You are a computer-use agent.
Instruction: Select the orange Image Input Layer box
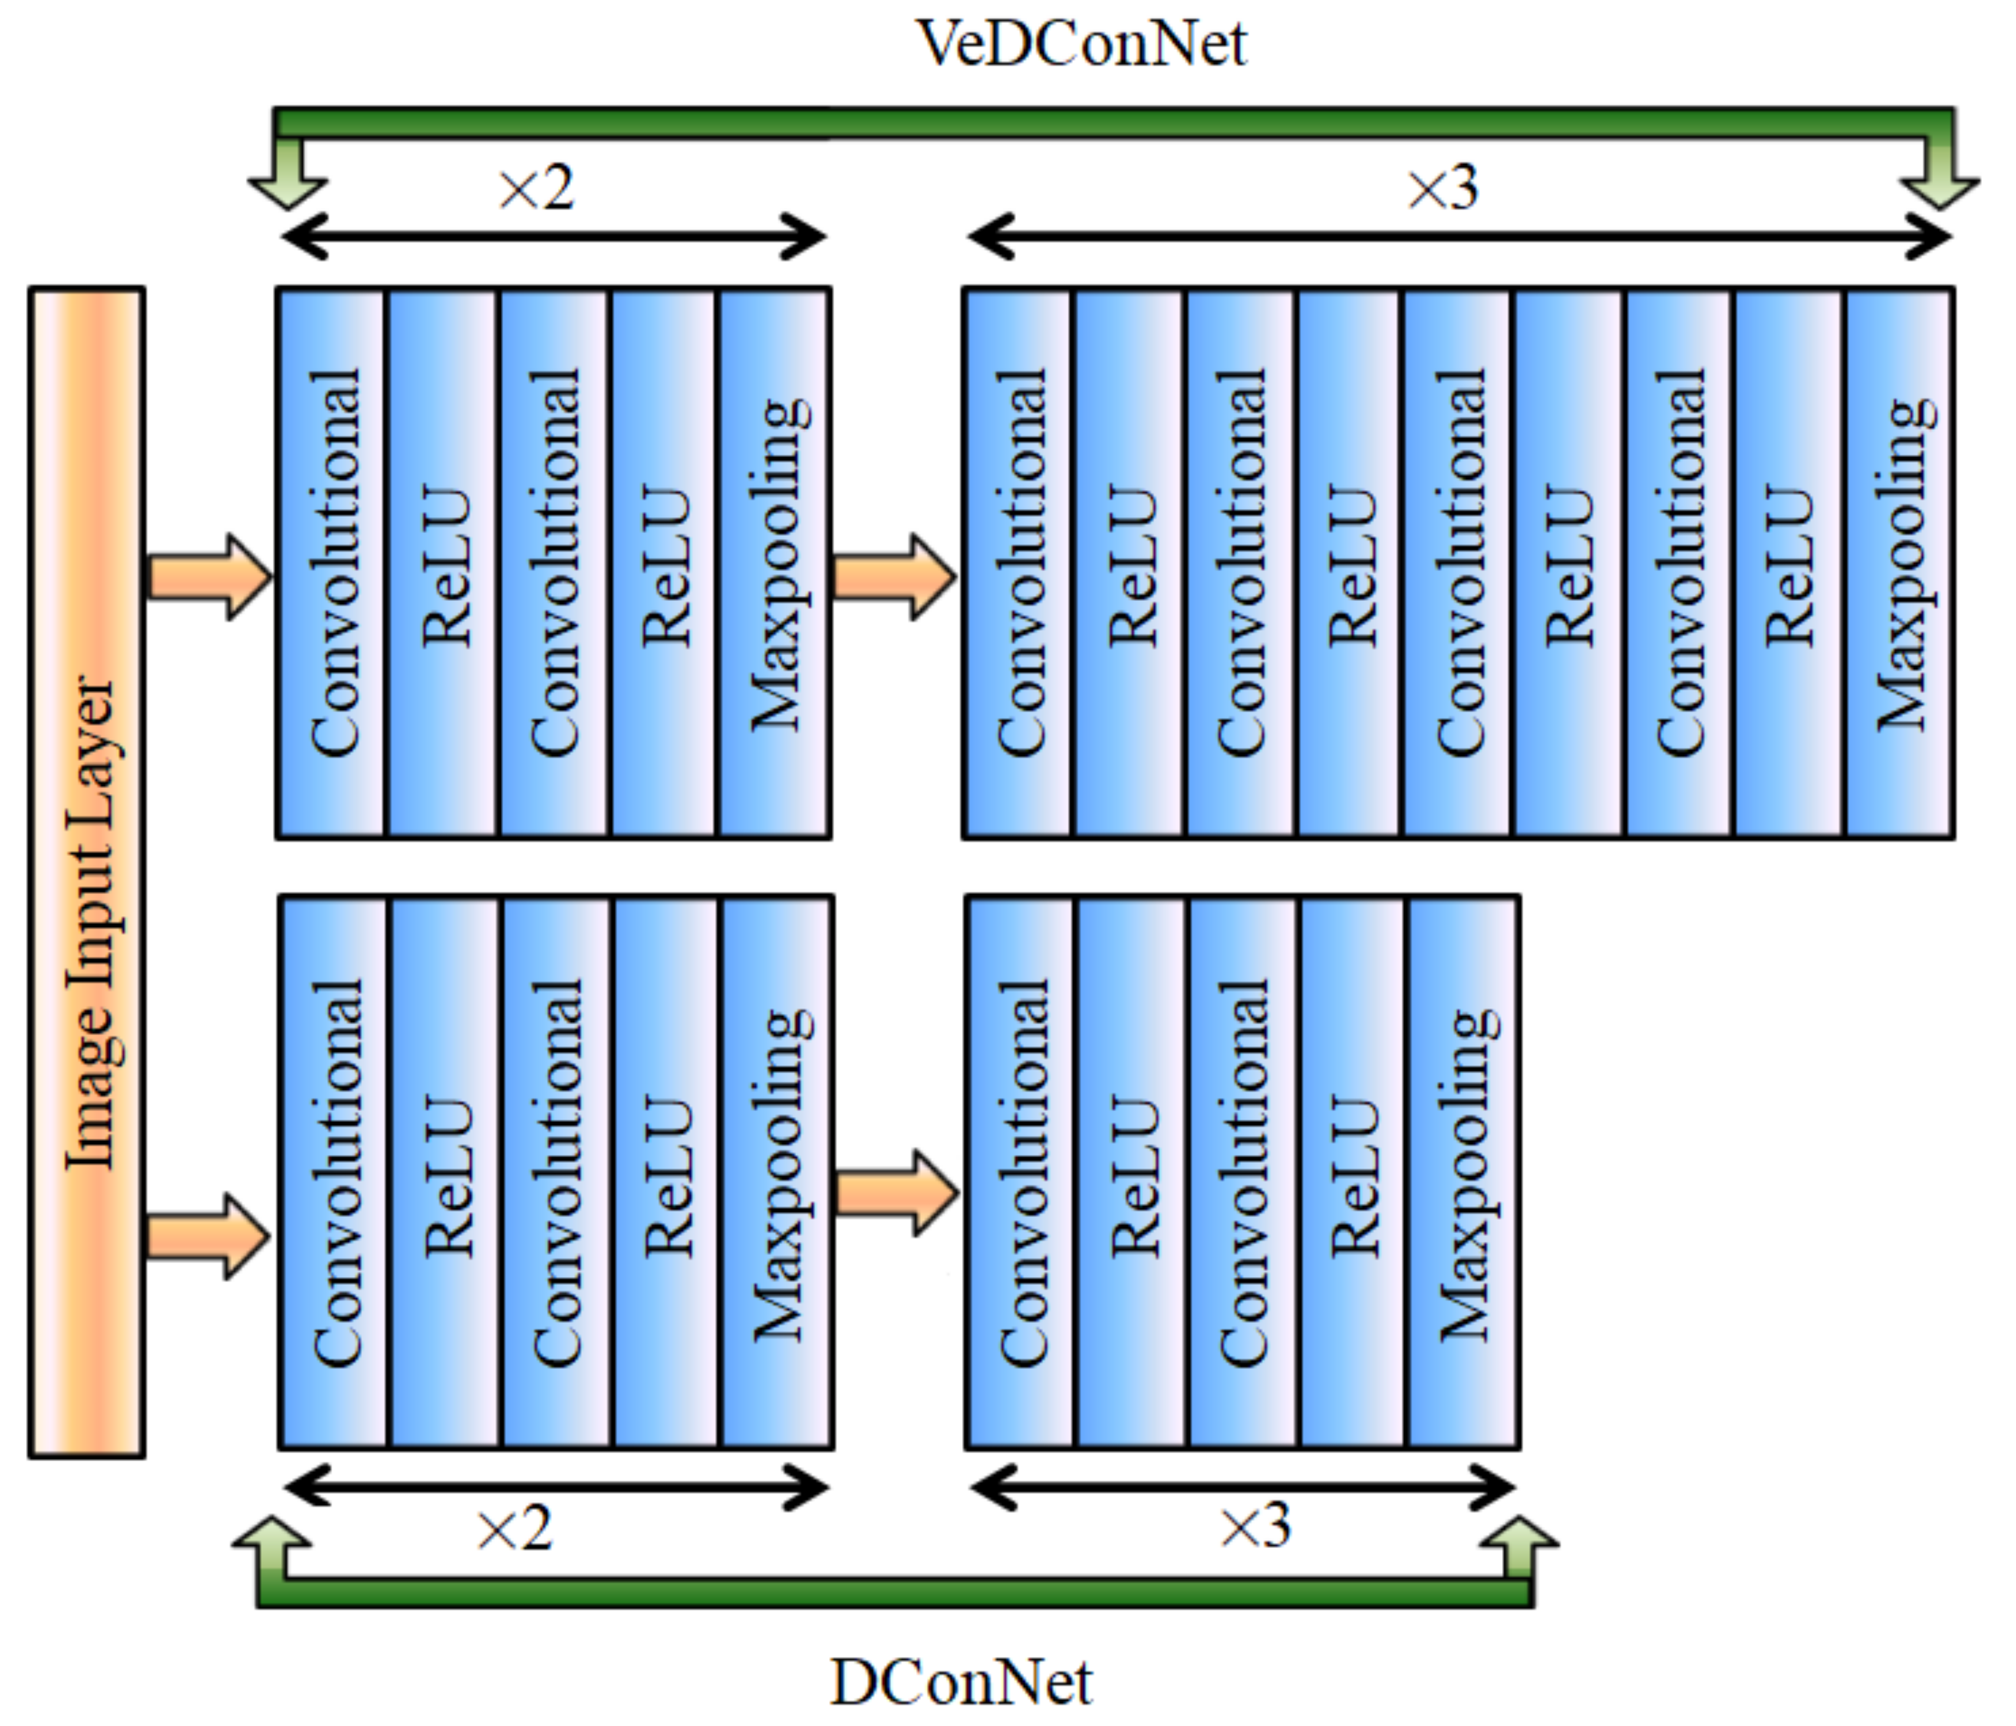[x=86, y=872]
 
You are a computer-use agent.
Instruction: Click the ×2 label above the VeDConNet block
[x=536, y=188]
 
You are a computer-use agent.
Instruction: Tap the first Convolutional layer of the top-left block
[x=332, y=562]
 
